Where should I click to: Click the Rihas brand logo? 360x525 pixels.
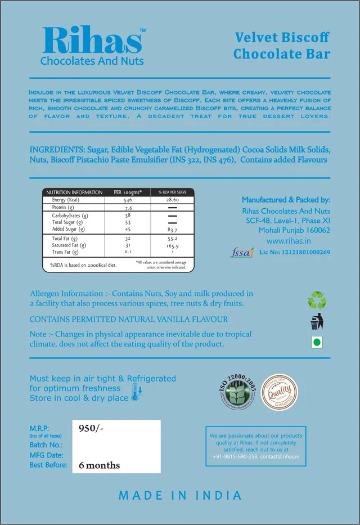click(x=93, y=45)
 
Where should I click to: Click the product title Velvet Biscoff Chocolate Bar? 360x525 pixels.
click(x=282, y=46)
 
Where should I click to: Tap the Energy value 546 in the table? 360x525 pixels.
click(x=128, y=200)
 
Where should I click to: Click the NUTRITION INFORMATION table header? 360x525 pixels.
click(x=74, y=192)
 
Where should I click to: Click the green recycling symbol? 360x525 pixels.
click(x=317, y=300)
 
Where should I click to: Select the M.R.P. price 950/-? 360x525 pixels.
click(x=92, y=428)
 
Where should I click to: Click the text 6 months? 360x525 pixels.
click(x=100, y=465)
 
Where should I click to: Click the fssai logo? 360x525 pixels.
click(x=242, y=252)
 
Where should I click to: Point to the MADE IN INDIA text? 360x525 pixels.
click(x=180, y=496)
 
